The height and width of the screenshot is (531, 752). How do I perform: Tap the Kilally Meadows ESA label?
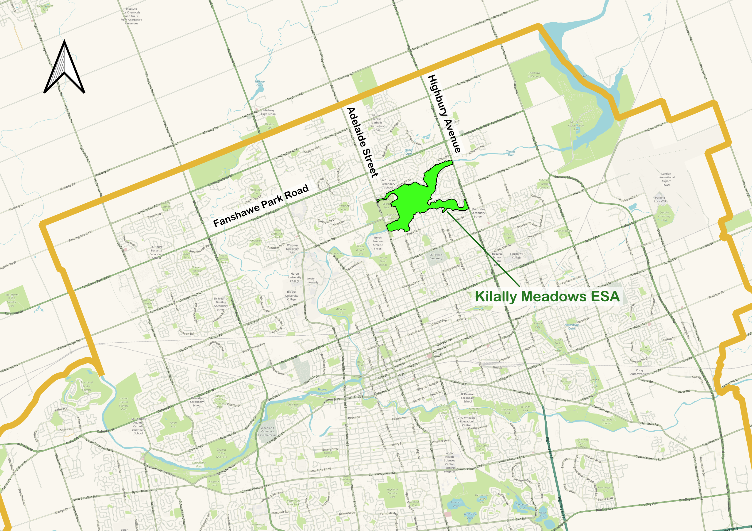547,296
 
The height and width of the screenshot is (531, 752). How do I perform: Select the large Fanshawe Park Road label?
261,206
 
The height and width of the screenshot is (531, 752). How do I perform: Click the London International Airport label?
666,179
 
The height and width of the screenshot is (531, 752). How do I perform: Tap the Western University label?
312,280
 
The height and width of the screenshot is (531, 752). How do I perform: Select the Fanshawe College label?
516,256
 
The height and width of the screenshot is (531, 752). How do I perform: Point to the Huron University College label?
294,277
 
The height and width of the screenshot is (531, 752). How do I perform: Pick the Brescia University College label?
291,296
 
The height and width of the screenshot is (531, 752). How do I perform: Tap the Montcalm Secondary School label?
478,213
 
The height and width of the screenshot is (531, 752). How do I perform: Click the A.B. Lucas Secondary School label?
388,184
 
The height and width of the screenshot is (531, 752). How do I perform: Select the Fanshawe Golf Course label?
535,75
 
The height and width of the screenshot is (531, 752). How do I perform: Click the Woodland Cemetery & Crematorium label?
267,431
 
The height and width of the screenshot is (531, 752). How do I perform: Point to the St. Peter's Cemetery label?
436,256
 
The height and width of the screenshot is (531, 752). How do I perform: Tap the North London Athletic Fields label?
378,243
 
